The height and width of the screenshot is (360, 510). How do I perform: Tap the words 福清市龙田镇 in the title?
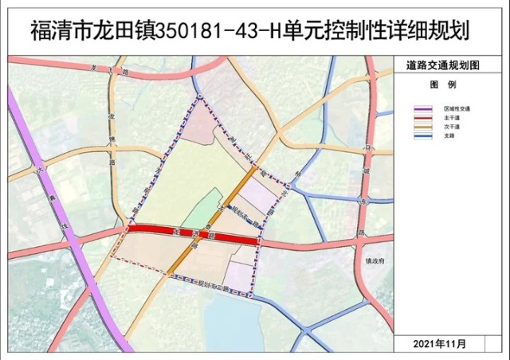point(88,32)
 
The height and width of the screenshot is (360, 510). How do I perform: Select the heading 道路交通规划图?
point(442,67)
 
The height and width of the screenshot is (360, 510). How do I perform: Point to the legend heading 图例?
point(441,84)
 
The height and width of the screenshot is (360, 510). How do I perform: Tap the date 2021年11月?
point(441,344)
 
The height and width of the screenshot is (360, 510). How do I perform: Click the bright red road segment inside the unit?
point(191,233)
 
